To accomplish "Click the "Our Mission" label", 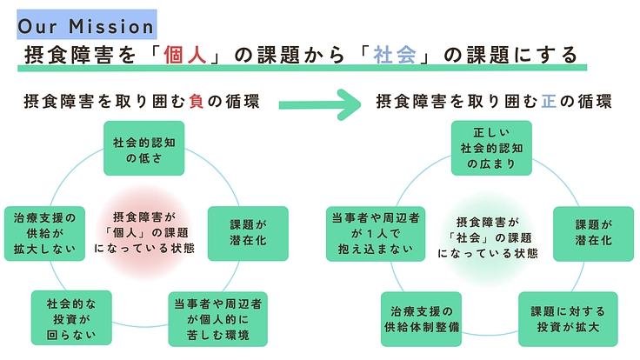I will [86, 24].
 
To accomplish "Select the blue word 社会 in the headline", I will [390, 55].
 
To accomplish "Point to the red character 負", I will [196, 101].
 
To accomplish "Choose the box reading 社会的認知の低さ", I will [143, 149].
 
